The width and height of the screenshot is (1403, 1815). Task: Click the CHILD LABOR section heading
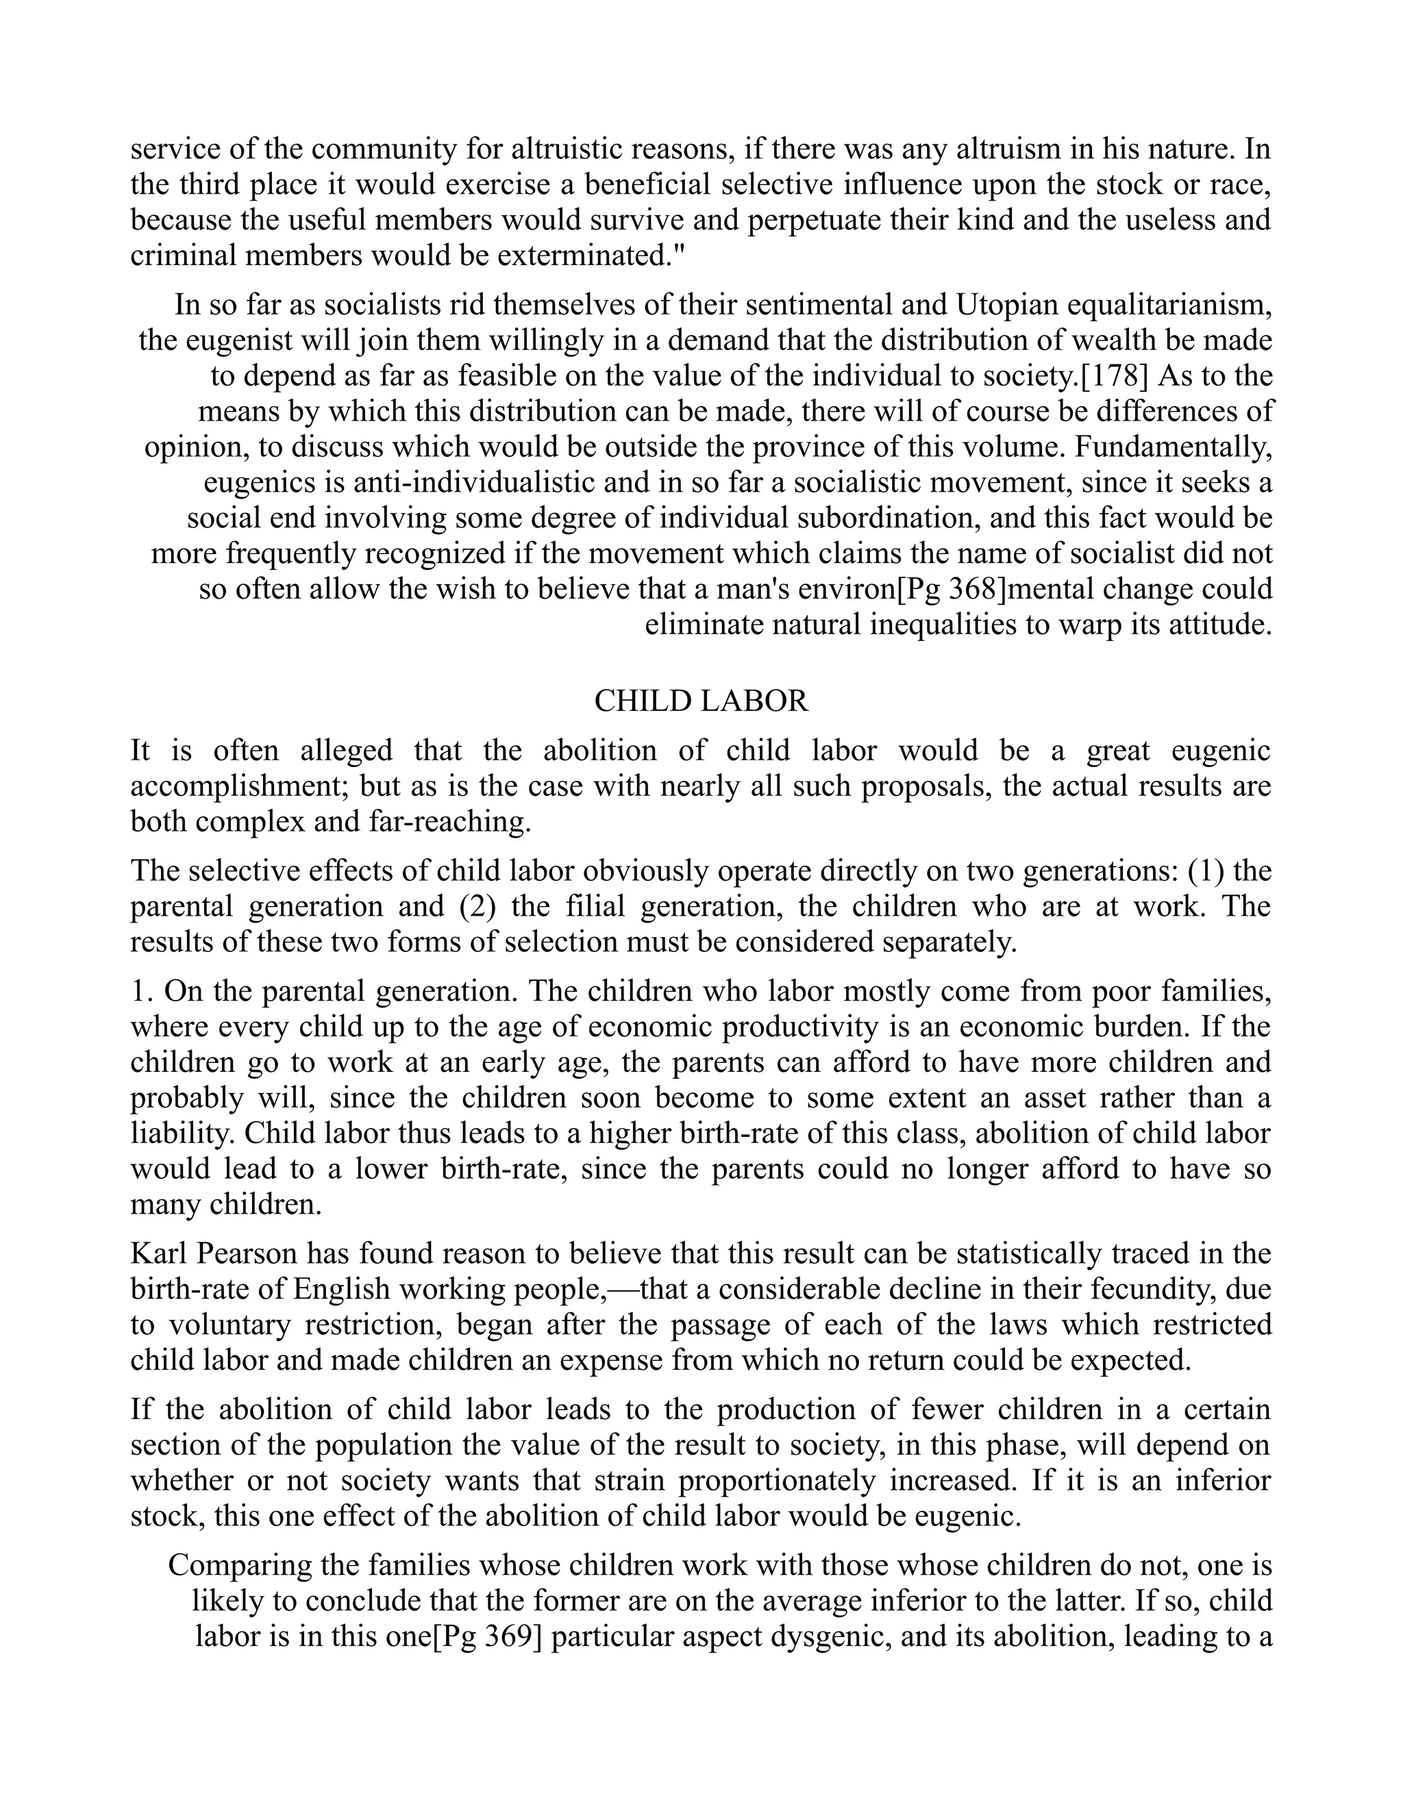pyautogui.click(x=701, y=701)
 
